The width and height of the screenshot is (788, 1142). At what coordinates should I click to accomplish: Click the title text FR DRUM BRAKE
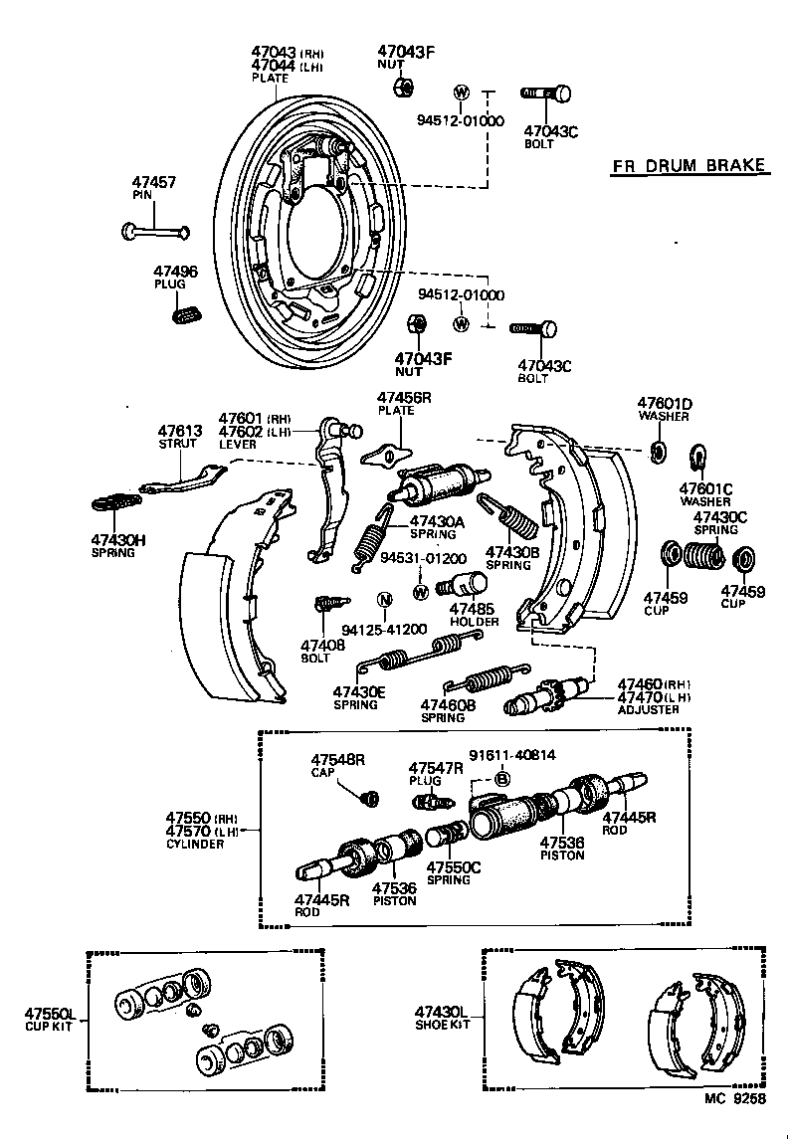pyautogui.click(x=689, y=166)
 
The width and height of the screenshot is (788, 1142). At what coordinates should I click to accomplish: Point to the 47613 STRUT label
pyautogui.click(x=180, y=438)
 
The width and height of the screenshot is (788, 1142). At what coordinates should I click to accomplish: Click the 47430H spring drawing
pyautogui.click(x=117, y=500)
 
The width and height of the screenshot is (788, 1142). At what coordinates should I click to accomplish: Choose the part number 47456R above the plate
pyautogui.click(x=403, y=397)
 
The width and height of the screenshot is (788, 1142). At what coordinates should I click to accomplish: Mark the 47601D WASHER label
pyautogui.click(x=664, y=410)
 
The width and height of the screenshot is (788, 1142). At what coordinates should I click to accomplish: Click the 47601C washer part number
pyautogui.click(x=705, y=488)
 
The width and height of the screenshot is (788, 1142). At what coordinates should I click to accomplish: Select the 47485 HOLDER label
pyautogui.click(x=473, y=614)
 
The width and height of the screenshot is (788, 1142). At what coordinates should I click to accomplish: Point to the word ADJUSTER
pyautogui.click(x=648, y=710)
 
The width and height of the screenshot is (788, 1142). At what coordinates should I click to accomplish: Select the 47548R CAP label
pyautogui.click(x=337, y=765)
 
